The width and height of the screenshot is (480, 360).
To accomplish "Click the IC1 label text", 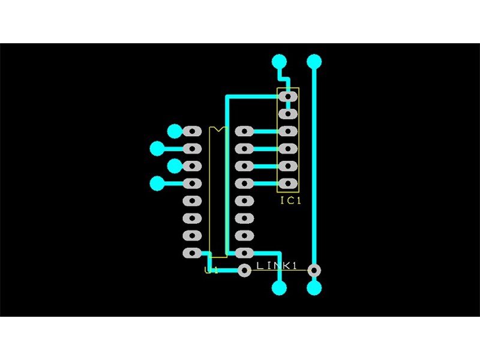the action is pyautogui.click(x=290, y=200).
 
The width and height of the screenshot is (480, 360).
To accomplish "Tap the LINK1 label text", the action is pyautogui.click(x=277, y=265).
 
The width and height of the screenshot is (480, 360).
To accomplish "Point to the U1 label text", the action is pyautogui.click(x=211, y=271).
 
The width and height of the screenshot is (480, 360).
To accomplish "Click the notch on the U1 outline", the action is pyautogui.click(x=217, y=129).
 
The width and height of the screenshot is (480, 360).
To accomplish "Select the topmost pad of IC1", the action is pyautogui.click(x=289, y=96).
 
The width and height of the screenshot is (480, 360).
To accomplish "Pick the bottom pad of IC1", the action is pyautogui.click(x=289, y=183).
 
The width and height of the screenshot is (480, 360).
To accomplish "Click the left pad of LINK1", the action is pyautogui.click(x=244, y=271).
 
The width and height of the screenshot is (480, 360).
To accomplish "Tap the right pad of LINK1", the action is pyautogui.click(x=314, y=271).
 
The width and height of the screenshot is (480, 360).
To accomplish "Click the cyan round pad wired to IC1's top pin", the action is pyautogui.click(x=279, y=61).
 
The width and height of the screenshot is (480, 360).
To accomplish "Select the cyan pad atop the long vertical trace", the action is pyautogui.click(x=314, y=61).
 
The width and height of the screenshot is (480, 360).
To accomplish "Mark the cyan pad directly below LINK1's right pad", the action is pyautogui.click(x=314, y=288).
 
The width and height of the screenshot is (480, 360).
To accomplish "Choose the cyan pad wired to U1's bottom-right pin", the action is pyautogui.click(x=279, y=288).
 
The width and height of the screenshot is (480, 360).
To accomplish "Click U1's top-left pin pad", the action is pyautogui.click(x=193, y=131).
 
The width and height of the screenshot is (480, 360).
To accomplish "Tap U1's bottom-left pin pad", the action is pyautogui.click(x=193, y=253).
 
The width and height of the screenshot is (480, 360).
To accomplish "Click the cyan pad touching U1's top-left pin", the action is pyautogui.click(x=175, y=131).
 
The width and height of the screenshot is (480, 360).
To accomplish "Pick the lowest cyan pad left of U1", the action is pyautogui.click(x=158, y=183).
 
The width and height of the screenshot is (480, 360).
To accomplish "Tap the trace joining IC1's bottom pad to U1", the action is pyautogui.click(x=264, y=183).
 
